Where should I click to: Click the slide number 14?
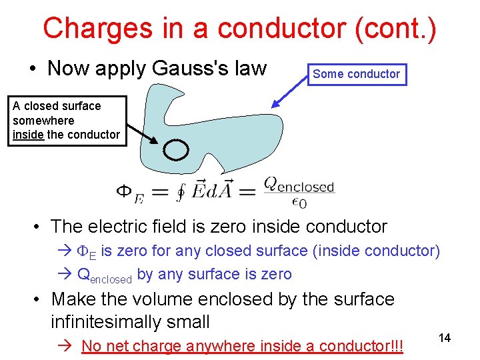(445, 338)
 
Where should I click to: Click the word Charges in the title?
(94, 29)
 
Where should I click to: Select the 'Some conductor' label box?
(356, 74)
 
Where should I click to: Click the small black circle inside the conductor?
(176, 150)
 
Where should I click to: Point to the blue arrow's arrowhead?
(275, 105)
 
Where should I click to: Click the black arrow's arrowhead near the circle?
(155, 141)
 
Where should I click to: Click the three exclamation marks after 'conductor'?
(398, 346)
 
